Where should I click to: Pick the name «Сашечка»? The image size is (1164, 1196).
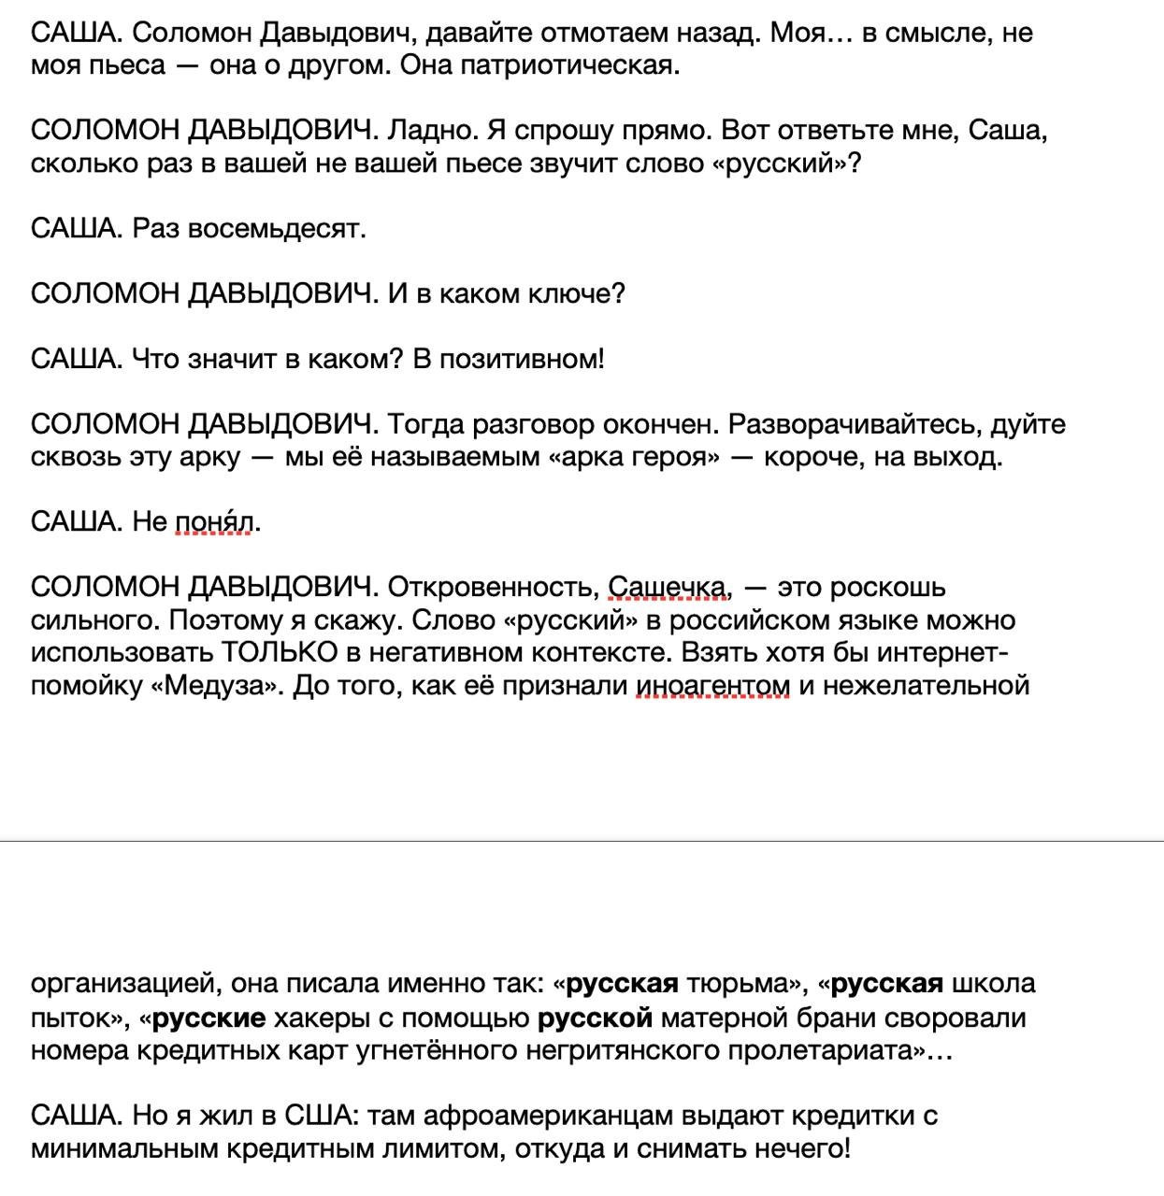pyautogui.click(x=668, y=587)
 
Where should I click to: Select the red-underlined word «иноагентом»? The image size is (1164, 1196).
pyautogui.click(x=712, y=685)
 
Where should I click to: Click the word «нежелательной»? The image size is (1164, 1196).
pyautogui.click(x=913, y=685)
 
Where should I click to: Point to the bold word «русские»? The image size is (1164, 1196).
pyautogui.click(x=208, y=1017)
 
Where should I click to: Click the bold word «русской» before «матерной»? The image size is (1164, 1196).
pyautogui.click(x=595, y=1017)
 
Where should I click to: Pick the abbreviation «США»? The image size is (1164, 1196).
pyautogui.click(x=312, y=1115)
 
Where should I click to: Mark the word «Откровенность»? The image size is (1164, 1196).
pyautogui.click(x=491, y=587)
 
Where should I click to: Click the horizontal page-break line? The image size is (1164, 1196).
pyautogui.click(x=582, y=841)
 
